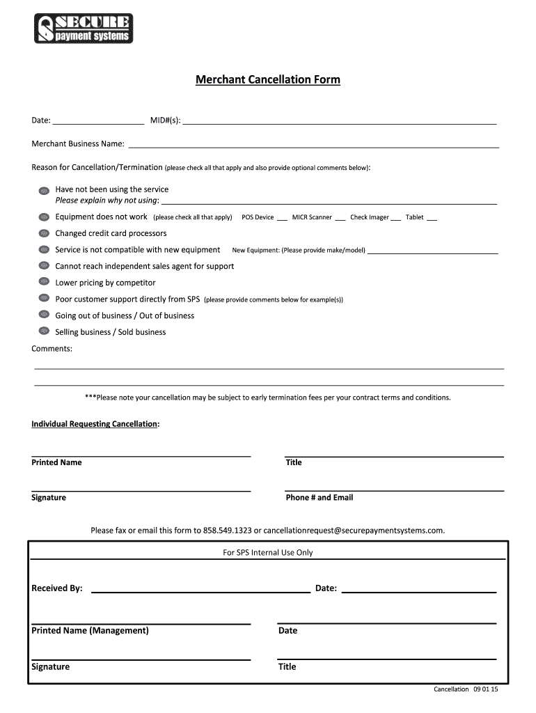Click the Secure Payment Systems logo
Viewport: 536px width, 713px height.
pyautogui.click(x=83, y=29)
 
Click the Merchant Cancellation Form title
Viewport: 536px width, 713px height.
pyautogui.click(x=267, y=80)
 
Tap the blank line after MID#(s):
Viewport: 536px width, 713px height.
pyautogui.click(x=339, y=120)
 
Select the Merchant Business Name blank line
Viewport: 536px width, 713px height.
pyautogui.click(x=313, y=145)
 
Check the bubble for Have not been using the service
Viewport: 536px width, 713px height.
pyautogui.click(x=43, y=190)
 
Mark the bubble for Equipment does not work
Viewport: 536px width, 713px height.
pyautogui.click(x=43, y=217)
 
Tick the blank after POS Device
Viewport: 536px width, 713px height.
pyautogui.click(x=282, y=217)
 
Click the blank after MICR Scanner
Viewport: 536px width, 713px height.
pyautogui.click(x=340, y=217)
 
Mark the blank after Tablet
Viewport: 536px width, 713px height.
pyautogui.click(x=432, y=217)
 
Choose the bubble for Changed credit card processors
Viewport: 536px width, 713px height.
pyautogui.click(x=43, y=234)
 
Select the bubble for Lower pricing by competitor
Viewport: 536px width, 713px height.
pyautogui.click(x=43, y=283)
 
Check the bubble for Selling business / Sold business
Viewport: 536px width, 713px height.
pyautogui.click(x=43, y=332)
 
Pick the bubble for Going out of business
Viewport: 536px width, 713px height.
pyautogui.click(x=43, y=316)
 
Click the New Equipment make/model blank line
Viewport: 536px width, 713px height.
pyautogui.click(x=432, y=250)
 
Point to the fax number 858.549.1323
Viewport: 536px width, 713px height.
pyautogui.click(x=227, y=531)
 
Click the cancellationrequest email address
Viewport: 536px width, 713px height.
pyautogui.click(x=353, y=531)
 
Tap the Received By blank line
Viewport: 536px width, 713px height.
pyautogui.click(x=200, y=589)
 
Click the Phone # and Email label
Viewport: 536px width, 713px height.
pyautogui.click(x=320, y=498)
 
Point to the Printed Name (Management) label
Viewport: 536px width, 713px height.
pyautogui.click(x=90, y=631)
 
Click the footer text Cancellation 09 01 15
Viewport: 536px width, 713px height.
pyautogui.click(x=471, y=689)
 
